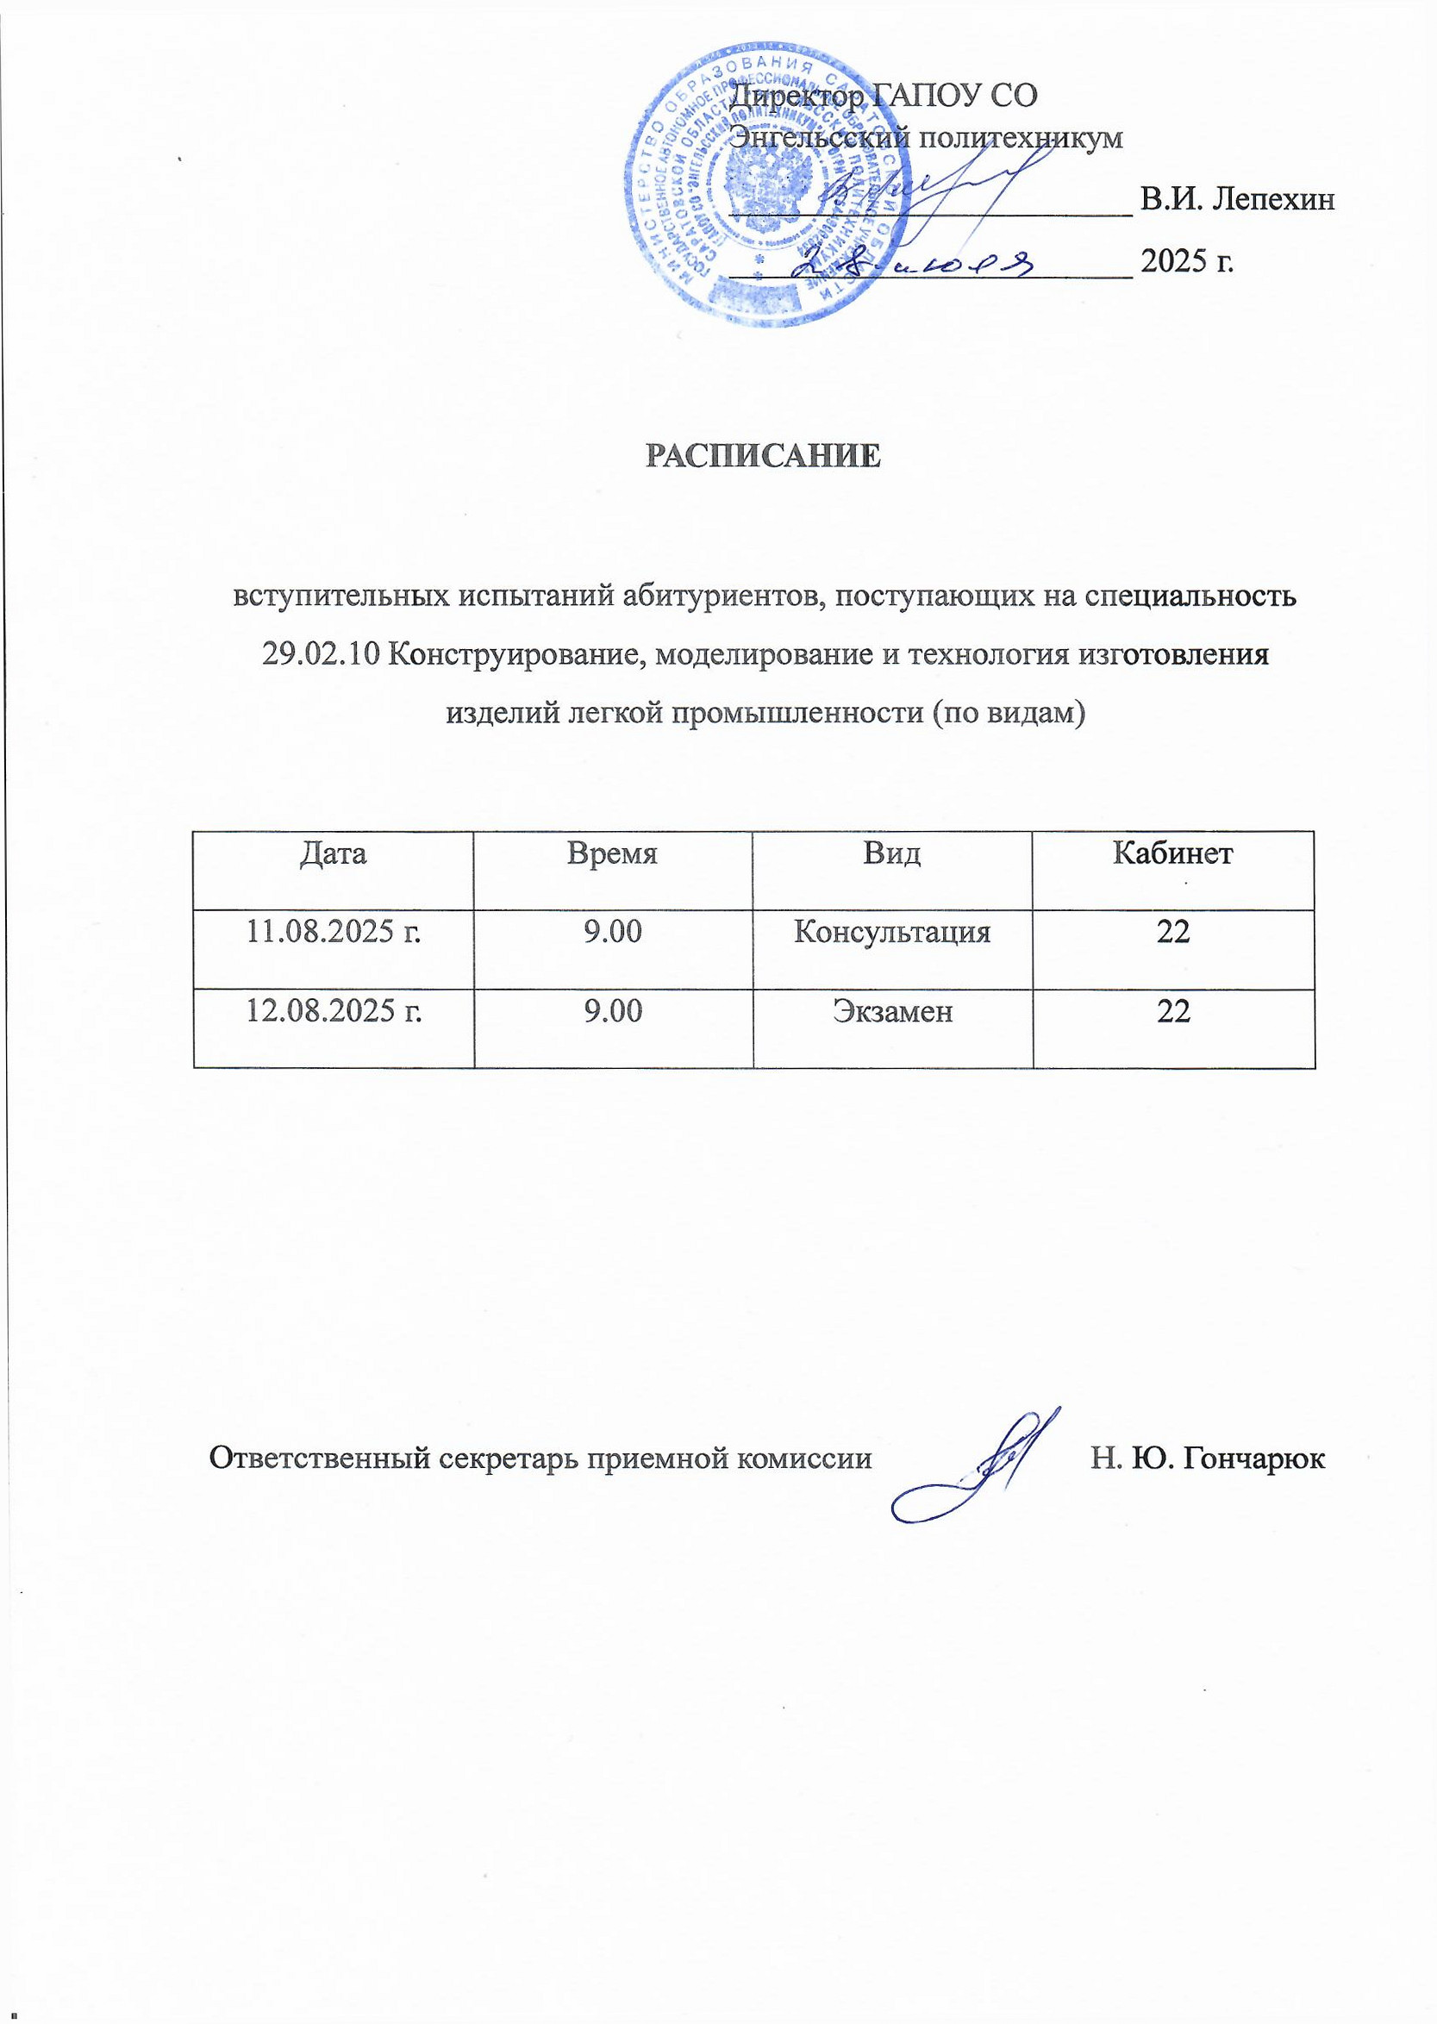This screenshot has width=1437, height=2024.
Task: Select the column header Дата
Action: coord(334,853)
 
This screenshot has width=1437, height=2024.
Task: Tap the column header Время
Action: coord(612,853)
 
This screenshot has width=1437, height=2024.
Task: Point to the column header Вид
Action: coord(892,853)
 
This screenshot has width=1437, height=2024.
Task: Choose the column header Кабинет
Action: coord(1172,853)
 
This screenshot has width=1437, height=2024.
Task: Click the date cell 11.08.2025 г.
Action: coord(334,932)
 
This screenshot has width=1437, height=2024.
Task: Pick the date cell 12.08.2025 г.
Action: coord(334,1010)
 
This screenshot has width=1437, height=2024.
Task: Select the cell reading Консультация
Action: coord(892,932)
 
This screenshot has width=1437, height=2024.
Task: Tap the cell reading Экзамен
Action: coord(892,1010)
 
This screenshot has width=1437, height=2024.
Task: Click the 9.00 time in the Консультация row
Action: coord(612,932)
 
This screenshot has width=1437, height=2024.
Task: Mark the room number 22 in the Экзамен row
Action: coord(1172,1010)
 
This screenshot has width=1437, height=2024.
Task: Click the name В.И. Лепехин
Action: coord(1237,200)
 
